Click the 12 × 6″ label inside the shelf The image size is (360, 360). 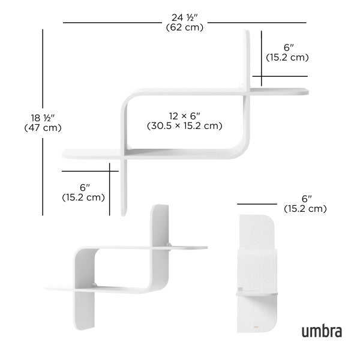click(184, 115)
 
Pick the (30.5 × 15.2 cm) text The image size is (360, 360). click(184, 126)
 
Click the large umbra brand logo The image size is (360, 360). click(322, 331)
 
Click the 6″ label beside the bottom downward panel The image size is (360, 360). click(83, 187)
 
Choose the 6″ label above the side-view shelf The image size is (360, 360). click(307, 198)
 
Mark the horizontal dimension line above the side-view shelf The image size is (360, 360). click(259, 204)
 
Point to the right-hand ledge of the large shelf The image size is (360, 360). click(279, 92)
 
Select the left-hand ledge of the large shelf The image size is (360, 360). click(90, 153)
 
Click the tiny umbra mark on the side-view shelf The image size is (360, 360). click(256, 328)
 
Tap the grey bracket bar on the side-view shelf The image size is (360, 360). click(258, 294)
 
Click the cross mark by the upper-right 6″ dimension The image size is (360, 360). click(262, 76)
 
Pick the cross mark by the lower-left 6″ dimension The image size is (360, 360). click(110, 170)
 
